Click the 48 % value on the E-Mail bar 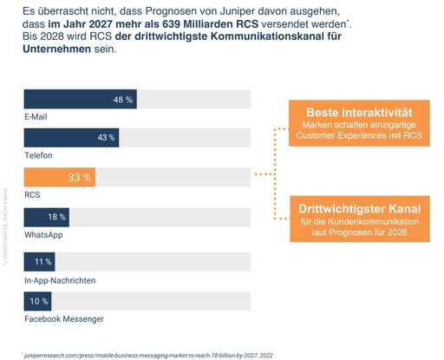point(122,100)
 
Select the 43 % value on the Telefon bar point(107,138)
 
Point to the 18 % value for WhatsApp point(56,217)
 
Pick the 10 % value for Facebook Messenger point(40,300)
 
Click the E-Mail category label point(36,115)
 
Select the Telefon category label point(38,154)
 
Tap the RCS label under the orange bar point(32,194)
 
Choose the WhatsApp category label point(44,234)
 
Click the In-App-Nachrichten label point(60,279)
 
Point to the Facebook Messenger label point(64,318)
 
